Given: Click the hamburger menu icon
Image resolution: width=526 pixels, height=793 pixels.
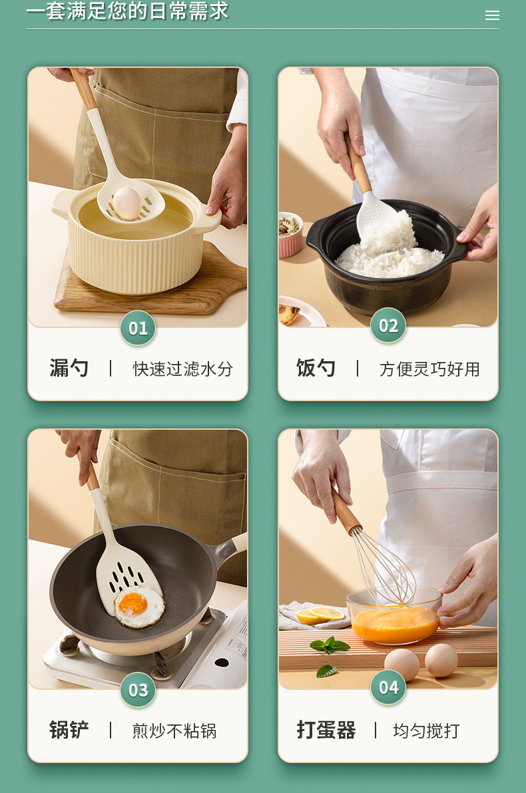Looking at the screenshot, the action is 492,15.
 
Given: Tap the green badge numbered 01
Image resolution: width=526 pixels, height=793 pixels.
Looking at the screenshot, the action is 138,328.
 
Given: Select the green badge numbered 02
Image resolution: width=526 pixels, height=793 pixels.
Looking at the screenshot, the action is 388,326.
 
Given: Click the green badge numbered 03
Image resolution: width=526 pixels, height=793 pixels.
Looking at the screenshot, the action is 138,690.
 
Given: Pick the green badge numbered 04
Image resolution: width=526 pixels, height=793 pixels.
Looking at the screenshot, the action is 388,687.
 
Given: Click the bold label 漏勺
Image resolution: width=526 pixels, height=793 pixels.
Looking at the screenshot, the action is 69,368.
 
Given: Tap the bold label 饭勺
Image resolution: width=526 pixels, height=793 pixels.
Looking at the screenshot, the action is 316,368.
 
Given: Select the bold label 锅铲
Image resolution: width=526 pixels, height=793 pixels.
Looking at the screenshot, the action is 69,730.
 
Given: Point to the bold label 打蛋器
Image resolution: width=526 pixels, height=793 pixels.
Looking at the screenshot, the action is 326,730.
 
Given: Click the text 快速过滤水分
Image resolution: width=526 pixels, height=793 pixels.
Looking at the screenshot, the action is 182,369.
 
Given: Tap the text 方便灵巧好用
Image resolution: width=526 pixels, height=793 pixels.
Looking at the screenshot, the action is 429,369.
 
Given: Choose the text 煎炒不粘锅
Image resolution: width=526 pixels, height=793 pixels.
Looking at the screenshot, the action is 174,730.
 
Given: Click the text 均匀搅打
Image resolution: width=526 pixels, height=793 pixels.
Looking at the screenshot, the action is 426,730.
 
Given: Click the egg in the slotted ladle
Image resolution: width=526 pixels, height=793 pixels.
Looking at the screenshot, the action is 127,204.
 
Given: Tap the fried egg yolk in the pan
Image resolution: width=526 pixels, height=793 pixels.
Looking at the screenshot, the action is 132,603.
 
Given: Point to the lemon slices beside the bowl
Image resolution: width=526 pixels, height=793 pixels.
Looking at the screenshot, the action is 320,615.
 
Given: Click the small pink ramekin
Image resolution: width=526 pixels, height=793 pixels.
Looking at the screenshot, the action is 290,235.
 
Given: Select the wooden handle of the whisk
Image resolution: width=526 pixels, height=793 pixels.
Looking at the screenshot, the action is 347,511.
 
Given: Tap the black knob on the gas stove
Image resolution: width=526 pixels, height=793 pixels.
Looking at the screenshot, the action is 222,663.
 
